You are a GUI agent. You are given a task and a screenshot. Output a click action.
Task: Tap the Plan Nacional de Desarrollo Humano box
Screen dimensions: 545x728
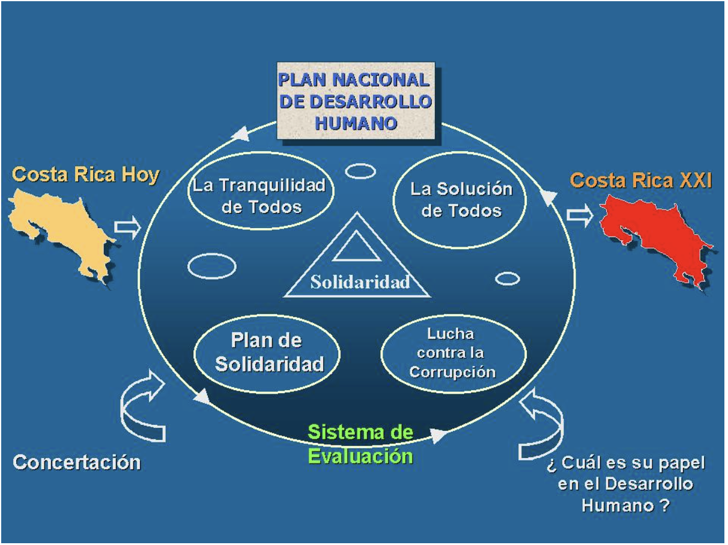tap(356, 100)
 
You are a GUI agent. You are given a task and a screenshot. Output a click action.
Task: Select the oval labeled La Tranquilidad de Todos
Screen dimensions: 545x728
tap(259, 196)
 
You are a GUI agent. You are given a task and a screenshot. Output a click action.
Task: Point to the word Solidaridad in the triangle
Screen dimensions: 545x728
tap(360, 282)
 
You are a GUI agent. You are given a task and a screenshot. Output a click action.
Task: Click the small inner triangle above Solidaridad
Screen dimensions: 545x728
tap(357, 248)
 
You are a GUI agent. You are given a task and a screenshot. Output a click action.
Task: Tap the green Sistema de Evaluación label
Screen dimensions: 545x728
tap(360, 444)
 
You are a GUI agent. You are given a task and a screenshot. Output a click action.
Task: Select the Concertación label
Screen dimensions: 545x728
tap(77, 463)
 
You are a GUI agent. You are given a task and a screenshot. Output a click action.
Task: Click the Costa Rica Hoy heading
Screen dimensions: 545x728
tap(86, 175)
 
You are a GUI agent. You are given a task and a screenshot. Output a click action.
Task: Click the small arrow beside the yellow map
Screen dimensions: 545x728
tap(127, 227)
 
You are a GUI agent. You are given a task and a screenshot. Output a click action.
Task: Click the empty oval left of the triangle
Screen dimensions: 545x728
tap(211, 266)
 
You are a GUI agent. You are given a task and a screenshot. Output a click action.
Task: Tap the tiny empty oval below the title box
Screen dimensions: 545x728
tap(360, 172)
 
